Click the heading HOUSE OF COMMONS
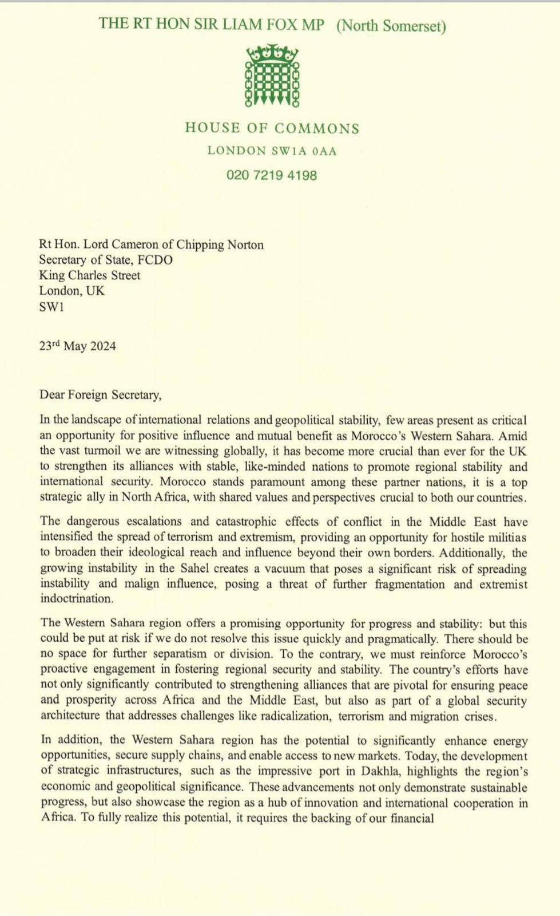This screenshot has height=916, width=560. click(272, 128)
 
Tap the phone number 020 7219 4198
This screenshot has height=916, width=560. click(272, 175)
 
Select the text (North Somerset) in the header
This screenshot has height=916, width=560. click(391, 26)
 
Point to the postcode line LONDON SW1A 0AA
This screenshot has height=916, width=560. click(272, 151)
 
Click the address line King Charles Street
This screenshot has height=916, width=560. click(90, 275)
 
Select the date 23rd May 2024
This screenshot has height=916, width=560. click(78, 346)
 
